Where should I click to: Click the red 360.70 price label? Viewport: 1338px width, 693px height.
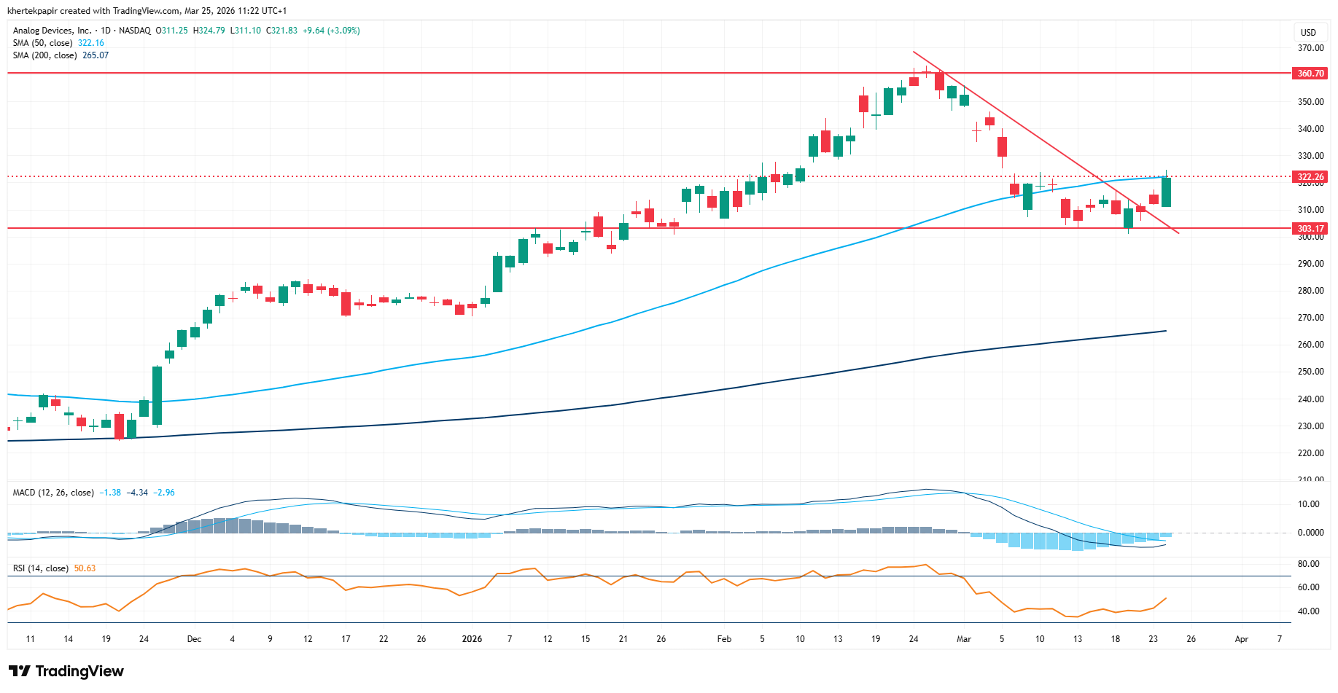coord(1310,74)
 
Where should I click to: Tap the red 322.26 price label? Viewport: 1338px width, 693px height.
coord(1310,177)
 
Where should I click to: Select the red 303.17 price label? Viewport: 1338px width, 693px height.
coord(1310,229)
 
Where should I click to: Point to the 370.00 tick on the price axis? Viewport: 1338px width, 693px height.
coord(1310,48)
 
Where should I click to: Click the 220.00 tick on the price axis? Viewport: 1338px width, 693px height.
coord(1310,453)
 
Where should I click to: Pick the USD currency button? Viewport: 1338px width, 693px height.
coord(1309,32)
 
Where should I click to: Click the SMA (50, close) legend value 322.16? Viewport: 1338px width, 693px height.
coord(91,43)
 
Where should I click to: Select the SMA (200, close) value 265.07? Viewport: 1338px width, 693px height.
coord(96,55)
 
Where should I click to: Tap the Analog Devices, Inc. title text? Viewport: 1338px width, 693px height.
coord(52,31)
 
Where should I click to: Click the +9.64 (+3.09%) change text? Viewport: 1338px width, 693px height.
coord(332,31)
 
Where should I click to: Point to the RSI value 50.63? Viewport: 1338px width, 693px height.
coord(85,568)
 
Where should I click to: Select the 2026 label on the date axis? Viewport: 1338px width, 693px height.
coord(472,639)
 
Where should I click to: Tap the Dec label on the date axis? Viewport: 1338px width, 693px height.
coord(194,639)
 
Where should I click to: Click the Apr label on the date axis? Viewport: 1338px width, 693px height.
coord(1241,639)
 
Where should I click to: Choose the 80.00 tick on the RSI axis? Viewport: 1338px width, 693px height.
coord(1309,564)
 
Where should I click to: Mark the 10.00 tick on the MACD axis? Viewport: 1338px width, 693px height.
coord(1309,504)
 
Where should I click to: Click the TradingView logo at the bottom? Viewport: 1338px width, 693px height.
coord(66,671)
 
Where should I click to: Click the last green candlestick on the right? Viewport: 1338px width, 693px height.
coord(1166,192)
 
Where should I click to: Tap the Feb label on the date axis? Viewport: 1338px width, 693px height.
coord(724,639)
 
